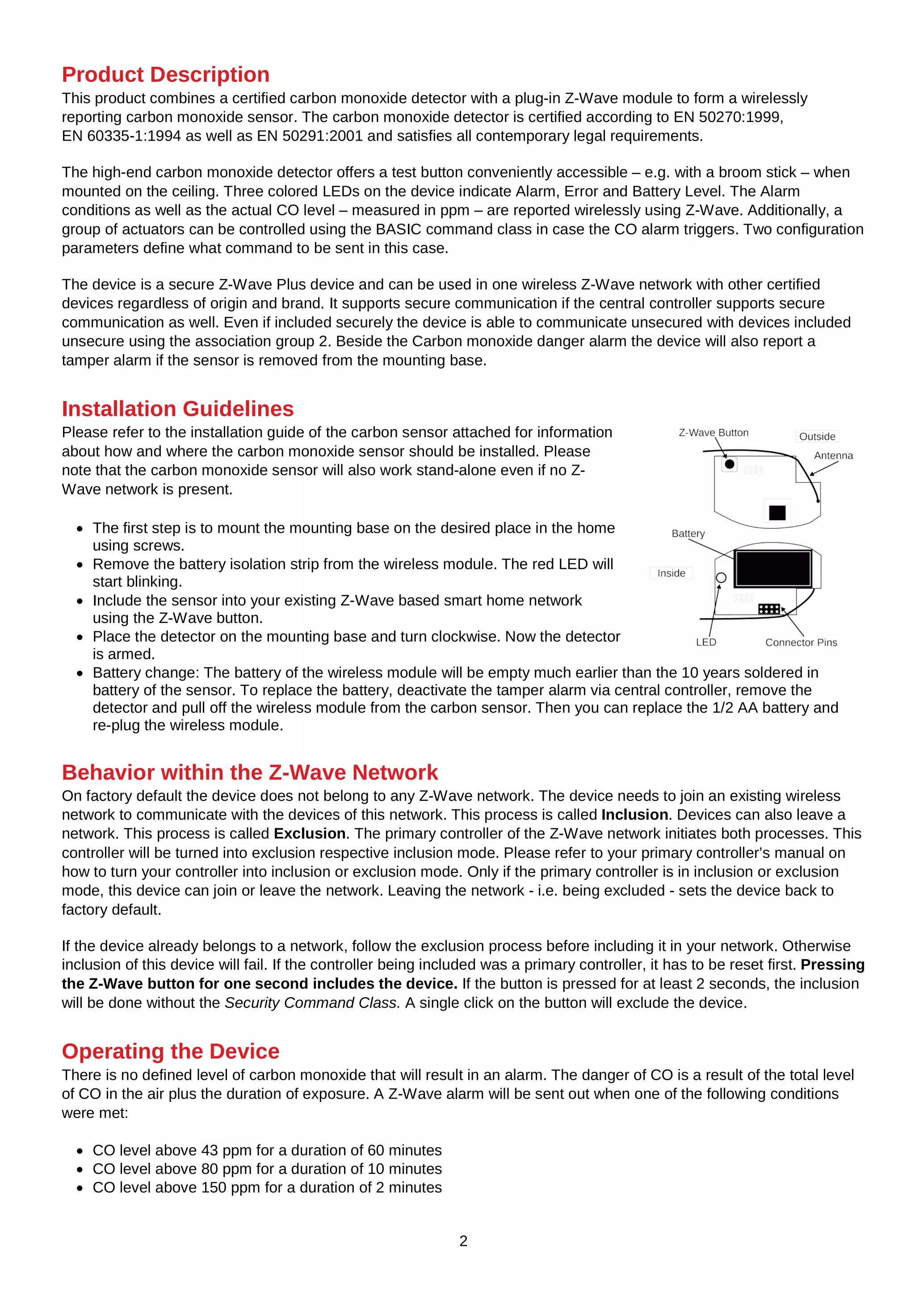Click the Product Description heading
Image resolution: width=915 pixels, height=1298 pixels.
pos(165,75)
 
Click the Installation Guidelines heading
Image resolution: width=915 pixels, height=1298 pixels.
pos(177,409)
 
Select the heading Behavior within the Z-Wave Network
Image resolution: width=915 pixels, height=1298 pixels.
pos(249,772)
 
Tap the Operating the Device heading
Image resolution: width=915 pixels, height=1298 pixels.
pos(170,1052)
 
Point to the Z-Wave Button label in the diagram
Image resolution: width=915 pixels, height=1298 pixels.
pos(713,433)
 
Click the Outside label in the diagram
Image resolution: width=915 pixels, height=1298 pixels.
pos(817,436)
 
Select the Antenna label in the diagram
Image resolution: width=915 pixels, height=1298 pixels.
pos(833,455)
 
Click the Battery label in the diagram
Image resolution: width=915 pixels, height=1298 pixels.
pos(688,534)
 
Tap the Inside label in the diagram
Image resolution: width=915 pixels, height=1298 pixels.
pos(671,573)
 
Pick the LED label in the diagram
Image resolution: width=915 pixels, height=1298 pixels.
pos(706,642)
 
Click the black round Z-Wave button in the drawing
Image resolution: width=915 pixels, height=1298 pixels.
pos(730,464)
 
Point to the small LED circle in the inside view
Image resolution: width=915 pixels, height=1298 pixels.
pos(721,578)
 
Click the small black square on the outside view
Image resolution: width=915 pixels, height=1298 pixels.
pos(777,512)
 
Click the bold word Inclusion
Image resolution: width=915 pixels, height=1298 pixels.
pos(634,814)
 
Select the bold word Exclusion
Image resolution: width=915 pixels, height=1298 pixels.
pos(309,834)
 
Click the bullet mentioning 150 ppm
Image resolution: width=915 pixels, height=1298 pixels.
pos(267,1187)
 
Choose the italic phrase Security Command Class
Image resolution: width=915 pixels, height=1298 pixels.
pos(312,1003)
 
